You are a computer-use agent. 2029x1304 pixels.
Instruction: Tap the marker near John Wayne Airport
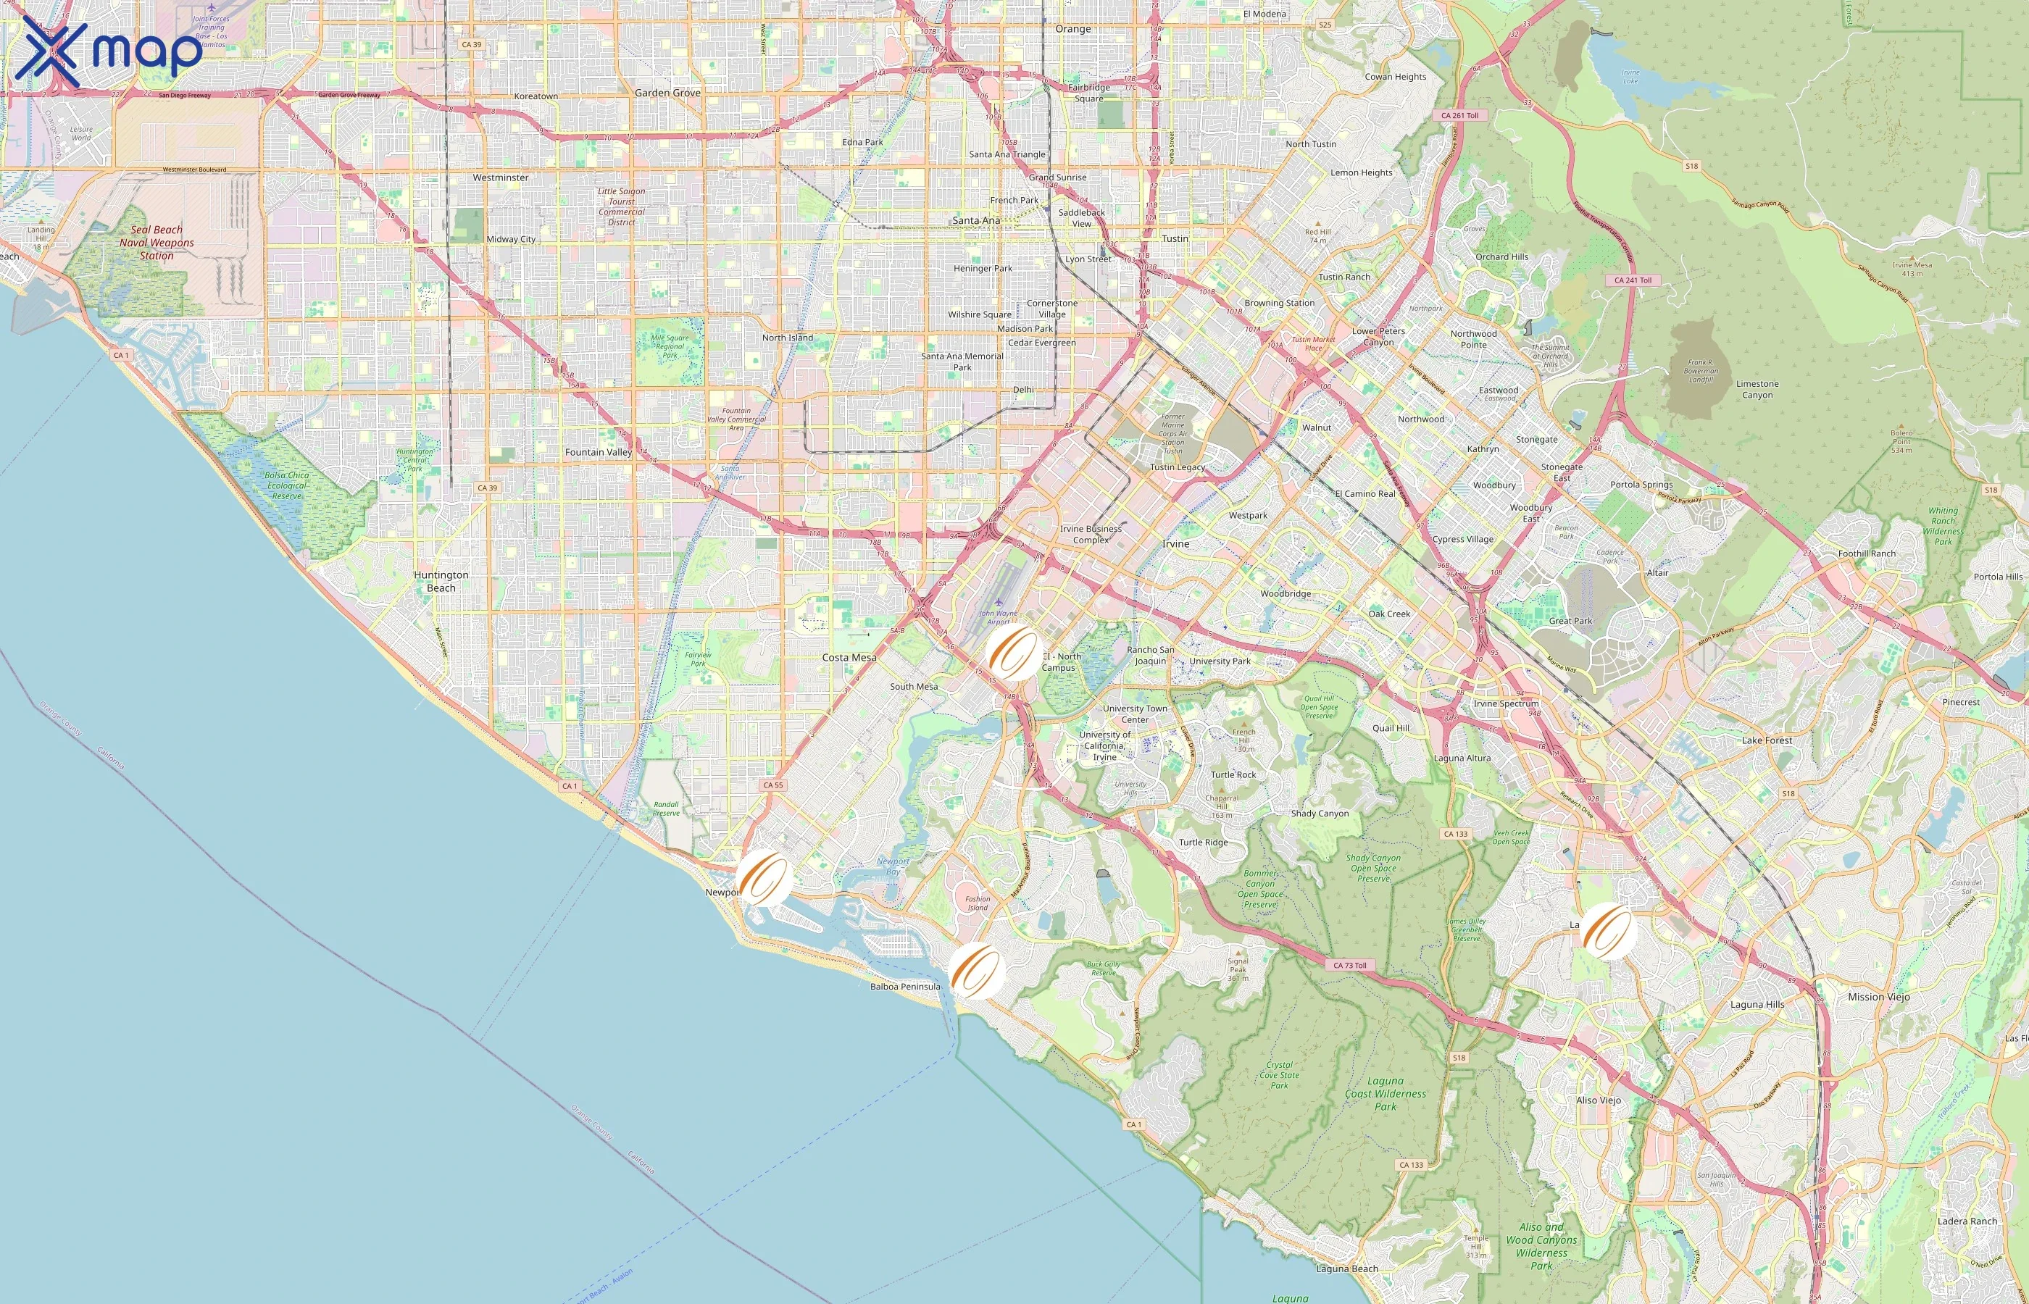click(x=1014, y=653)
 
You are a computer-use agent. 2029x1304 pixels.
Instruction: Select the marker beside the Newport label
click(x=764, y=878)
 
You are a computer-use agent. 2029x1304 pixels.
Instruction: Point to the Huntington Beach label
click(x=441, y=581)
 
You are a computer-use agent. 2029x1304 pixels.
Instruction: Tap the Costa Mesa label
click(x=849, y=657)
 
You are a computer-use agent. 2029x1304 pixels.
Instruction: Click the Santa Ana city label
click(x=975, y=220)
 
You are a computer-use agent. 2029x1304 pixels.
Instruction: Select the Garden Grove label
click(x=667, y=93)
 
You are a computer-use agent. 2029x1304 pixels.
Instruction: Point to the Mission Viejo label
click(x=1878, y=997)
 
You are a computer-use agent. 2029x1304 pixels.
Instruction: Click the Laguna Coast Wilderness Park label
click(x=1386, y=1093)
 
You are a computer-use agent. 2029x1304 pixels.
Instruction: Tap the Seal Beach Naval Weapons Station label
click(x=157, y=242)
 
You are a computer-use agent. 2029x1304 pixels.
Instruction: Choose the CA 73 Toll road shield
click(x=1350, y=965)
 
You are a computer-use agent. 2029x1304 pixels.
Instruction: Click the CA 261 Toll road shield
click(x=1460, y=115)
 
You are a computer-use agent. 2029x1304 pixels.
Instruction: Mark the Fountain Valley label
click(x=599, y=452)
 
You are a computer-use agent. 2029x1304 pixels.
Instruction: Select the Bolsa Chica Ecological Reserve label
click(x=286, y=485)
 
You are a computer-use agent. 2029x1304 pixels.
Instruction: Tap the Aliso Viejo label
click(x=1598, y=1100)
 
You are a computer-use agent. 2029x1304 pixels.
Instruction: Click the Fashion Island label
click(x=978, y=903)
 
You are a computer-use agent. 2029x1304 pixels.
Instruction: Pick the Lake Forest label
click(x=1767, y=740)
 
